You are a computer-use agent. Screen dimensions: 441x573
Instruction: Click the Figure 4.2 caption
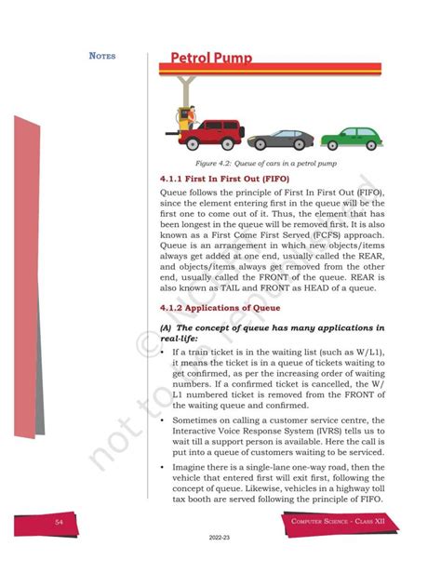click(x=273, y=164)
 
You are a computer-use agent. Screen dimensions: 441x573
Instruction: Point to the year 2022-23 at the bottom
click(x=220, y=563)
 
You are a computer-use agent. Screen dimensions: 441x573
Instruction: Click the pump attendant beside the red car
click(x=184, y=118)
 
